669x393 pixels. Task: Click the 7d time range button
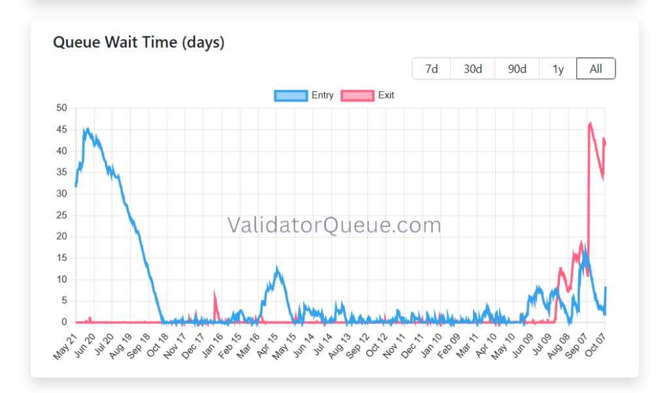coord(431,69)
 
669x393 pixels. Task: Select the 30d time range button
coord(473,69)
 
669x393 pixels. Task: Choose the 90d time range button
coord(517,69)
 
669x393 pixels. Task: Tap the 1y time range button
coord(558,69)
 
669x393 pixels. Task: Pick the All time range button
coord(596,69)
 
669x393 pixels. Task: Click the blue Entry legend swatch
coord(291,95)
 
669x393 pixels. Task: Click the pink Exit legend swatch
coord(357,95)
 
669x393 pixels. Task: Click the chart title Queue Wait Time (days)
coord(139,42)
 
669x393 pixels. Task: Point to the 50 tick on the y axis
coord(62,108)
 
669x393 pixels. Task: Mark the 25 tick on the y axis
coord(62,215)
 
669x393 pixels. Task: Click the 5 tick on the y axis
coord(65,300)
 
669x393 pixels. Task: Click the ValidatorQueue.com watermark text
coord(334,225)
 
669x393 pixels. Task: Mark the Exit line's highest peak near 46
coord(591,123)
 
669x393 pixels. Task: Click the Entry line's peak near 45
coord(87,129)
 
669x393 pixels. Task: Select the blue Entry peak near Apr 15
coord(277,268)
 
